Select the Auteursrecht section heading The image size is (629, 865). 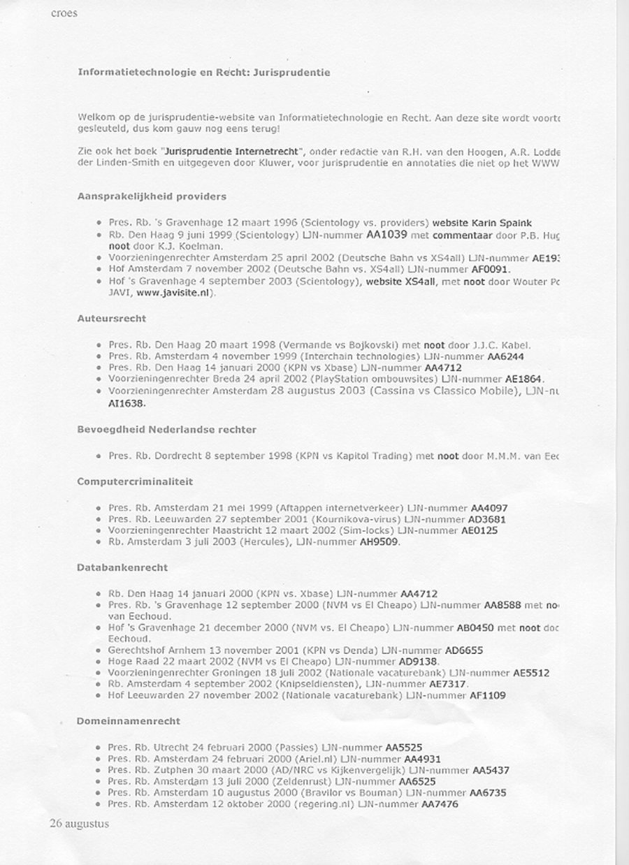tap(111, 318)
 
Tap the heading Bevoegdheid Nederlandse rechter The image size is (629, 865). tap(166, 429)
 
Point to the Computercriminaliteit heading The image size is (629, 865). tap(135, 481)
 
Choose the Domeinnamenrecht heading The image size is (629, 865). tap(129, 720)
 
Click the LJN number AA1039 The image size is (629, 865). tap(386, 235)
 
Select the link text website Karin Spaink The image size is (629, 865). tap(482, 223)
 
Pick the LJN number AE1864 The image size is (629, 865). tap(523, 379)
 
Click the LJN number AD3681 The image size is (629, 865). tap(488, 519)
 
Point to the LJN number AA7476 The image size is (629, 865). tap(440, 804)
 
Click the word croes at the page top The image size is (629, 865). tap(64, 13)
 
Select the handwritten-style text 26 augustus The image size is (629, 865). tap(80, 824)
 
